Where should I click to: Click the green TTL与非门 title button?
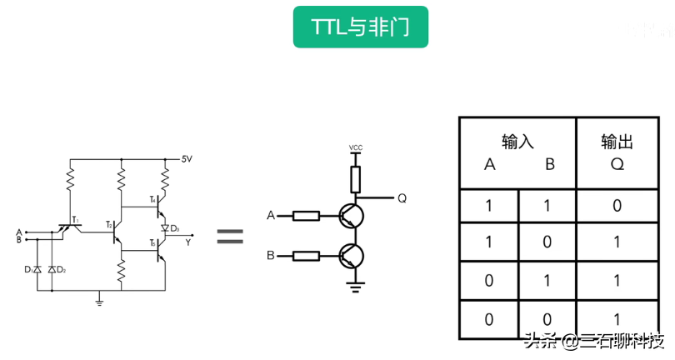(x=360, y=27)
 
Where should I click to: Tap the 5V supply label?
(x=187, y=158)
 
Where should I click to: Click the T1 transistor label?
(x=75, y=221)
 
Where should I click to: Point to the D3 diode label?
(x=175, y=227)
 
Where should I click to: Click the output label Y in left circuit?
(x=188, y=242)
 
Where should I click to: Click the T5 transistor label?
(x=153, y=242)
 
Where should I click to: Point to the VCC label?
(x=356, y=148)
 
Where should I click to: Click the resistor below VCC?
(x=356, y=177)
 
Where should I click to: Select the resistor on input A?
(x=307, y=216)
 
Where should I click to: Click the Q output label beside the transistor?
(x=402, y=198)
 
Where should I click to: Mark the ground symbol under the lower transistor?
(x=356, y=287)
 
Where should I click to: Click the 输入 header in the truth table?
(x=517, y=142)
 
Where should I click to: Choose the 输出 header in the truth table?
(x=617, y=142)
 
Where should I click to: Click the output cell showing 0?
(x=617, y=206)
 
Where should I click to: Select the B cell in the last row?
(x=547, y=319)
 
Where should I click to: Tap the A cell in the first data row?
(x=489, y=206)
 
